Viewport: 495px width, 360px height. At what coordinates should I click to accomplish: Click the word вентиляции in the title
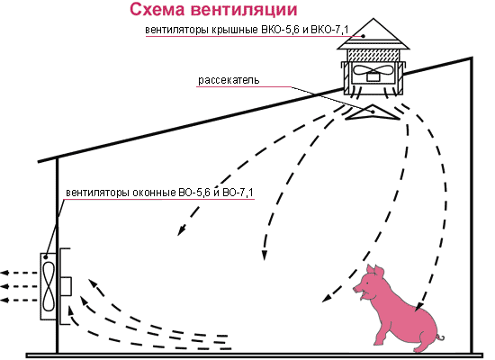pyautogui.click(x=244, y=10)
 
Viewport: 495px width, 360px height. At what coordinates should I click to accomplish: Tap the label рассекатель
pyautogui.click(x=229, y=80)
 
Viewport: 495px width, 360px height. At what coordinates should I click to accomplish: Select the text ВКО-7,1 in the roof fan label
pyautogui.click(x=329, y=30)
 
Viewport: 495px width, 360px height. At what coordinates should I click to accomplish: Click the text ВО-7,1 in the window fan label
pyautogui.click(x=238, y=193)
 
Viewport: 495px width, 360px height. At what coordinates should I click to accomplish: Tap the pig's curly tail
pyautogui.click(x=440, y=337)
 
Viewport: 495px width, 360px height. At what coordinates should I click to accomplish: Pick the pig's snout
pyautogui.click(x=355, y=288)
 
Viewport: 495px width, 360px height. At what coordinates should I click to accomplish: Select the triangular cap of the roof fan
pyautogui.click(x=373, y=34)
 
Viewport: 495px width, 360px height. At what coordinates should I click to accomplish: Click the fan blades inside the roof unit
pyautogui.click(x=373, y=70)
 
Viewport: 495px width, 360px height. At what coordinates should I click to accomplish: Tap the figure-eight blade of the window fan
pyautogui.click(x=49, y=287)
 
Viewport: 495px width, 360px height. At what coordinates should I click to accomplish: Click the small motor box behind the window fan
pyautogui.click(x=66, y=286)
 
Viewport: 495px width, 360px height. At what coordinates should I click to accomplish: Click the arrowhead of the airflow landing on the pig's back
pyautogui.click(x=418, y=306)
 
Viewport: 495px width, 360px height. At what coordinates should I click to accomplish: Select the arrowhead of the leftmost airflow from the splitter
pyautogui.click(x=181, y=230)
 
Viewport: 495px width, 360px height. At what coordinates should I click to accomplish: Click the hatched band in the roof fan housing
pyautogui.click(x=373, y=56)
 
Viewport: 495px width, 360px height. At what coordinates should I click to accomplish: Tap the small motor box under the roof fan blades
pyautogui.click(x=373, y=77)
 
